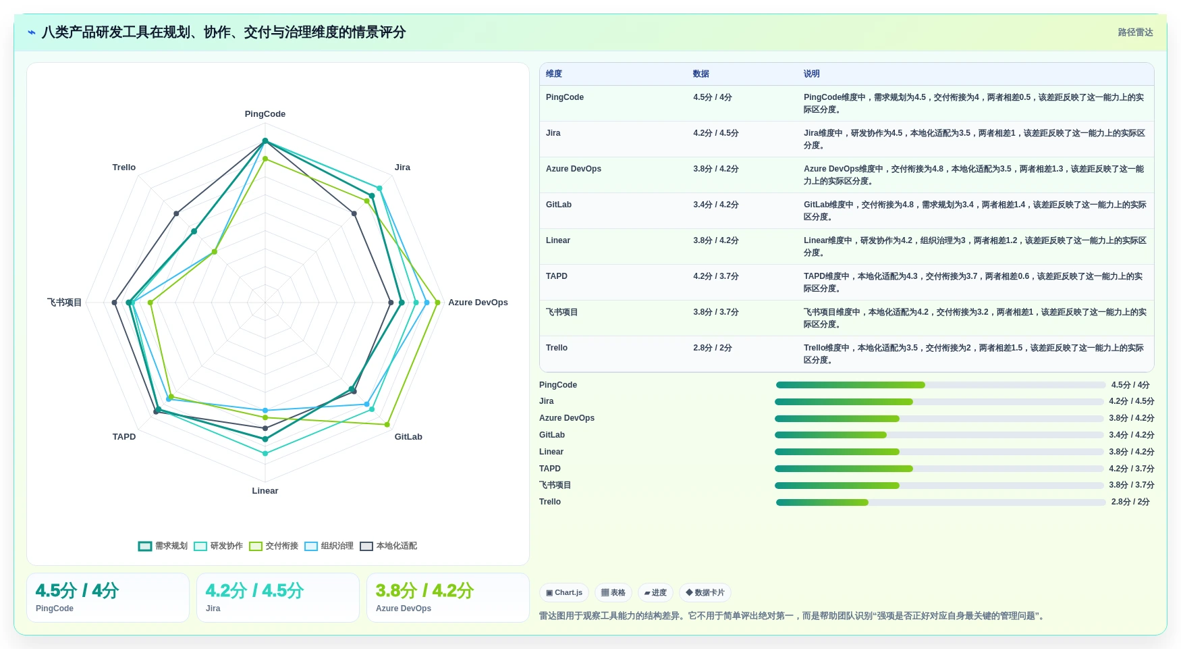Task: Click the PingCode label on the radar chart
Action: point(265,114)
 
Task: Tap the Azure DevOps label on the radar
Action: point(478,303)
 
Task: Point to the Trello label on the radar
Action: point(124,167)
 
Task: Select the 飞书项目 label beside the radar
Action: point(65,303)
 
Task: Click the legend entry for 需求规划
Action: point(163,546)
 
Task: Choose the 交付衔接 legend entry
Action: point(274,546)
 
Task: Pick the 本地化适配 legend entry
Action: point(389,546)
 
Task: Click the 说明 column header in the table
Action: point(811,74)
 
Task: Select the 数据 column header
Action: point(701,74)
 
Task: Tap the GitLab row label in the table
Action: point(559,205)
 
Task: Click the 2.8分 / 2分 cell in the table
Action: point(713,348)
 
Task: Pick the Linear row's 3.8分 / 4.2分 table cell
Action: point(716,240)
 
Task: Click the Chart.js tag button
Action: point(564,593)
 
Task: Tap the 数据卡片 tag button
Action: point(705,593)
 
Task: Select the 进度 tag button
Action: point(655,593)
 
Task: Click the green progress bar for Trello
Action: point(822,502)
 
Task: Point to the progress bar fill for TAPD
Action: point(844,469)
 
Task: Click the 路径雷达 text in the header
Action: point(1135,32)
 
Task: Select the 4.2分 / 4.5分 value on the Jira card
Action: point(254,591)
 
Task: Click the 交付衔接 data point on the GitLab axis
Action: point(387,425)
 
